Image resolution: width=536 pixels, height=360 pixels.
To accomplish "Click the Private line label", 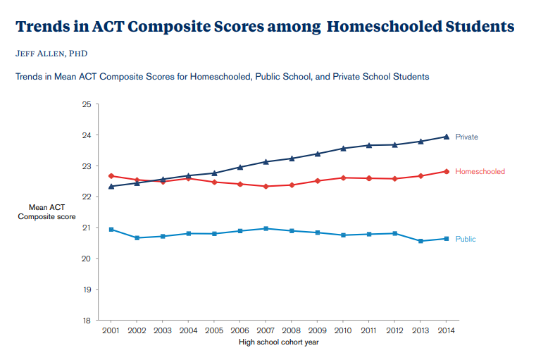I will point(466,137).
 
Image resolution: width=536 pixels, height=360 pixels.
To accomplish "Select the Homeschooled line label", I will point(480,171).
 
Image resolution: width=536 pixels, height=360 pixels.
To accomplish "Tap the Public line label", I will point(466,239).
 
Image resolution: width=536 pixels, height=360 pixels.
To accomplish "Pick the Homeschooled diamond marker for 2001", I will point(111,175).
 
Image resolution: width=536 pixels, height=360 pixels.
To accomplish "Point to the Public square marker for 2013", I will point(420,241).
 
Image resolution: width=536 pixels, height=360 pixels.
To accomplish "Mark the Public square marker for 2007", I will point(266,228).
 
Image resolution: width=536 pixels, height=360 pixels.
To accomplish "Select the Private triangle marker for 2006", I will point(239,167).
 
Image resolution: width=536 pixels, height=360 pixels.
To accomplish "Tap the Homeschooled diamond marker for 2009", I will point(317,180).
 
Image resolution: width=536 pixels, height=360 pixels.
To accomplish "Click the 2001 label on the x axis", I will point(111,330).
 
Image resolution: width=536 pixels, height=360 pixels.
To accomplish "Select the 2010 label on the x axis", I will point(343,330).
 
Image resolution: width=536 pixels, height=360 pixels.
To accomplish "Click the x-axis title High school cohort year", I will point(278,343).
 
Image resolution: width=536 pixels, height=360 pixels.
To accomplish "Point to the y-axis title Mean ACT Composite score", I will point(47,212).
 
